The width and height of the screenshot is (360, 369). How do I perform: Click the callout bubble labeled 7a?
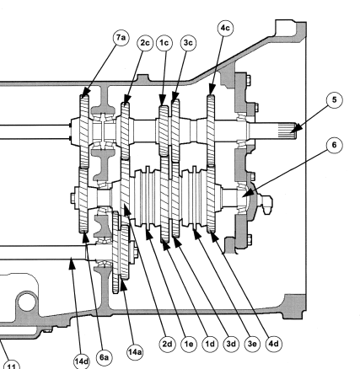122,40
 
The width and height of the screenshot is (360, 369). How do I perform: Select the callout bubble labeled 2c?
146,42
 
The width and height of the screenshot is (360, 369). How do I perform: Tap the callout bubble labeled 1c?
165,42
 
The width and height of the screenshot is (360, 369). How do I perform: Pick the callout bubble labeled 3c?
188,42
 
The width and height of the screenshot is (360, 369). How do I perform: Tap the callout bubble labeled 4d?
272,343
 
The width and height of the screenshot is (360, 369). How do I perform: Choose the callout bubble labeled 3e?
251,343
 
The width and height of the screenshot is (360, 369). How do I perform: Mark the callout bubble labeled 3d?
228,343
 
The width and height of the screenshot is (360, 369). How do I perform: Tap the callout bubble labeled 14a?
133,353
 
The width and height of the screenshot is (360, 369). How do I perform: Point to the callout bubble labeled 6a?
105,358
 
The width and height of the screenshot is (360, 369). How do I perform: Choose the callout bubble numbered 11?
12,364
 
